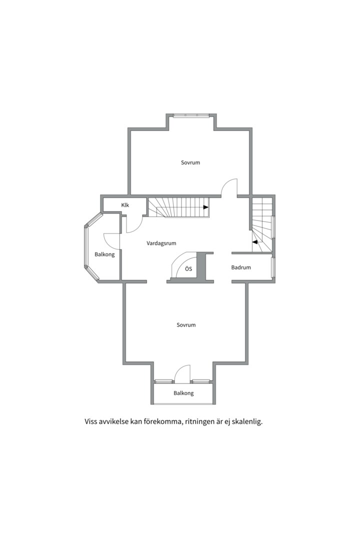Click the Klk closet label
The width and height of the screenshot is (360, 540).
(125, 205)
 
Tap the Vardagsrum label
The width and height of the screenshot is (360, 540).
(161, 243)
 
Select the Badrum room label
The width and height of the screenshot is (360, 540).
(241, 267)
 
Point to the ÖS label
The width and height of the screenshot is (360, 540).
(188, 269)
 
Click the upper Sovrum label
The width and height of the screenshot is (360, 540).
(190, 162)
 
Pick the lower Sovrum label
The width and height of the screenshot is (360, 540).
(186, 325)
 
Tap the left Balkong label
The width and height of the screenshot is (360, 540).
(104, 254)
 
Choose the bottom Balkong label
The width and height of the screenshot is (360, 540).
(183, 393)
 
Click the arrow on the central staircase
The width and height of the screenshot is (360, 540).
(205, 207)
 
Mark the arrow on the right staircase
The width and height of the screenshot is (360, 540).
(255, 242)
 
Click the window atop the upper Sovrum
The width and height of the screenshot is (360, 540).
(191, 115)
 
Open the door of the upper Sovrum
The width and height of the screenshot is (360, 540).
(229, 187)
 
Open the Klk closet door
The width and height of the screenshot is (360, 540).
(134, 224)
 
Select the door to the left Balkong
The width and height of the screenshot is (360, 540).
(111, 240)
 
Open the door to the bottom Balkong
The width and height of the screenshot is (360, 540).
(182, 374)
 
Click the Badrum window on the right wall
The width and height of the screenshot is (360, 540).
(273, 267)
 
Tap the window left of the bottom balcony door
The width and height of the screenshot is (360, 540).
(163, 381)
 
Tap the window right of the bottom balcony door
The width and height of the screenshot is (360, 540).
(201, 381)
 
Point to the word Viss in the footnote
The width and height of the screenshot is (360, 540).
(91, 421)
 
